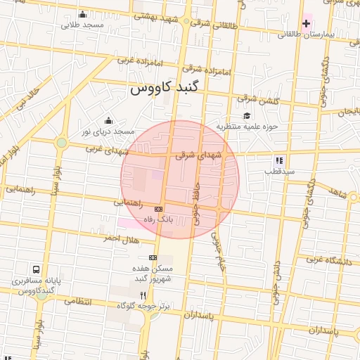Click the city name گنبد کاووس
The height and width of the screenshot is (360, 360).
(165, 89)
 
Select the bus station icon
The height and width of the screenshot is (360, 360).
(36, 269)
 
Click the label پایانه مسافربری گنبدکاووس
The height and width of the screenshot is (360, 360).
(36, 285)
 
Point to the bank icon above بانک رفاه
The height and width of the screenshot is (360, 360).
(158, 209)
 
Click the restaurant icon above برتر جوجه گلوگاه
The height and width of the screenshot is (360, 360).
(143, 295)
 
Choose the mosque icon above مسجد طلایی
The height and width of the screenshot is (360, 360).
(83, 15)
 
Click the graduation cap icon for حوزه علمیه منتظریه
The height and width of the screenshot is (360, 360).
(246, 116)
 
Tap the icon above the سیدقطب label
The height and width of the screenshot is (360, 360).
(279, 160)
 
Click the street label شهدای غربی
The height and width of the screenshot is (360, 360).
(105, 148)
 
